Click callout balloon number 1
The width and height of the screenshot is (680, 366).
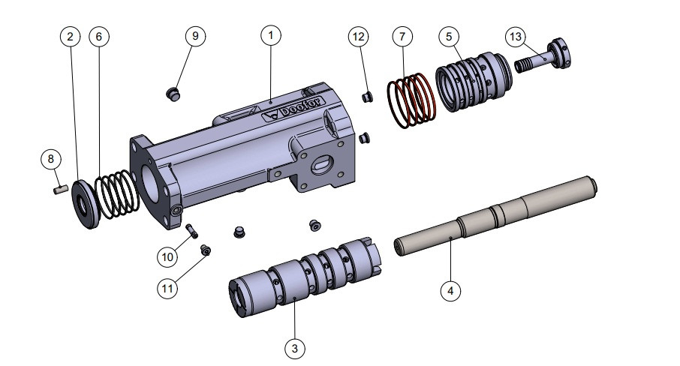pyautogui.click(x=271, y=35)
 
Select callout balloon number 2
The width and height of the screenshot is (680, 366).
pyautogui.click(x=70, y=37)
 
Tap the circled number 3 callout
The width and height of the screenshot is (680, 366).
pyautogui.click(x=296, y=348)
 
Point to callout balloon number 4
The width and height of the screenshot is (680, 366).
pyautogui.click(x=450, y=290)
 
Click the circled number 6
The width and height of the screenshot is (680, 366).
pyautogui.click(x=98, y=37)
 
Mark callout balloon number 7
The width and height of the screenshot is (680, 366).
pyautogui.click(x=402, y=36)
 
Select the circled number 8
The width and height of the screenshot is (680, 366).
pyautogui.click(x=50, y=159)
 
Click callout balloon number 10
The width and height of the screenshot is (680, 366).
pyautogui.click(x=168, y=256)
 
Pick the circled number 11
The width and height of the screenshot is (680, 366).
pyautogui.click(x=168, y=286)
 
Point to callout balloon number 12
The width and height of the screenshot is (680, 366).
pyautogui.click(x=359, y=36)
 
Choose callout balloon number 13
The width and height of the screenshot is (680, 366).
pyautogui.click(x=516, y=36)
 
